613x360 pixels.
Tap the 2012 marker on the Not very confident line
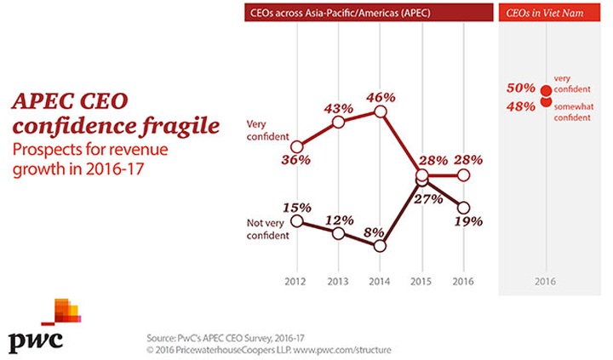coord(296,220)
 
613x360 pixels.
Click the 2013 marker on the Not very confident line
coord(338,233)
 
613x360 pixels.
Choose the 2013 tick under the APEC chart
coord(338,279)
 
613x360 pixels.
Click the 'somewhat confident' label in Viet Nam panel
coord(576,112)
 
